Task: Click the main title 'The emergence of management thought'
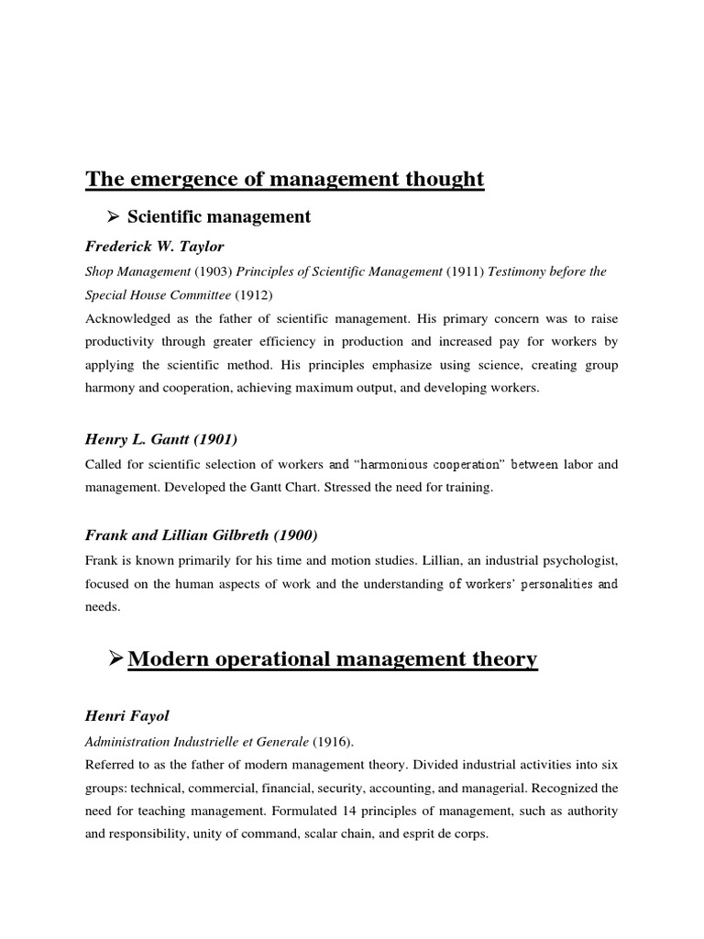[x=285, y=179]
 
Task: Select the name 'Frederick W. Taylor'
[x=155, y=247]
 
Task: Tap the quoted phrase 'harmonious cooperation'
[x=422, y=464]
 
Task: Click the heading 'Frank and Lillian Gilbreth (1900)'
[x=202, y=536]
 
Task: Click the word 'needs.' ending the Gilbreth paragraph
[x=102, y=607]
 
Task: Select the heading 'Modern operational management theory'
[x=332, y=659]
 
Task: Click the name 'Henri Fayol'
[x=122, y=715]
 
